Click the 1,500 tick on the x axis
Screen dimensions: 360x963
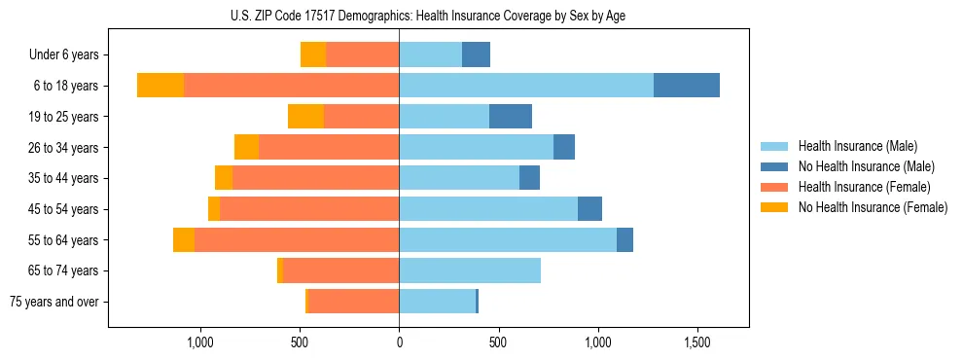click(697, 342)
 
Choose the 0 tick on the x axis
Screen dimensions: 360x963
click(399, 342)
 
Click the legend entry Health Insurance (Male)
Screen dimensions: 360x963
click(857, 146)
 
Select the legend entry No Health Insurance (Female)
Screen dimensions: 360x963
click(873, 207)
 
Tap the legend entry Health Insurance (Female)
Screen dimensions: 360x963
click(864, 187)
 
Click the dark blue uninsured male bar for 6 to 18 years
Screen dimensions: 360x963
click(687, 86)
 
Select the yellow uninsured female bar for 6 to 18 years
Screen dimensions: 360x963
click(160, 86)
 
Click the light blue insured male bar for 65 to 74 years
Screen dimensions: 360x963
click(470, 270)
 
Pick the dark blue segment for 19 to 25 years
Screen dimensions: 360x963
click(511, 117)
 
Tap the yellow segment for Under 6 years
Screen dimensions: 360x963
click(313, 54)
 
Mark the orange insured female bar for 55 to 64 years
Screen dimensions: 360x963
click(297, 239)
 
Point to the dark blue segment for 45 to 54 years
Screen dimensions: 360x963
click(589, 209)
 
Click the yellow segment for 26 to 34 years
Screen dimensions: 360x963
click(246, 147)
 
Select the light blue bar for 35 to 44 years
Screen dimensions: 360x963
click(459, 178)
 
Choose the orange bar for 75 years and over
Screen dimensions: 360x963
click(353, 302)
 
